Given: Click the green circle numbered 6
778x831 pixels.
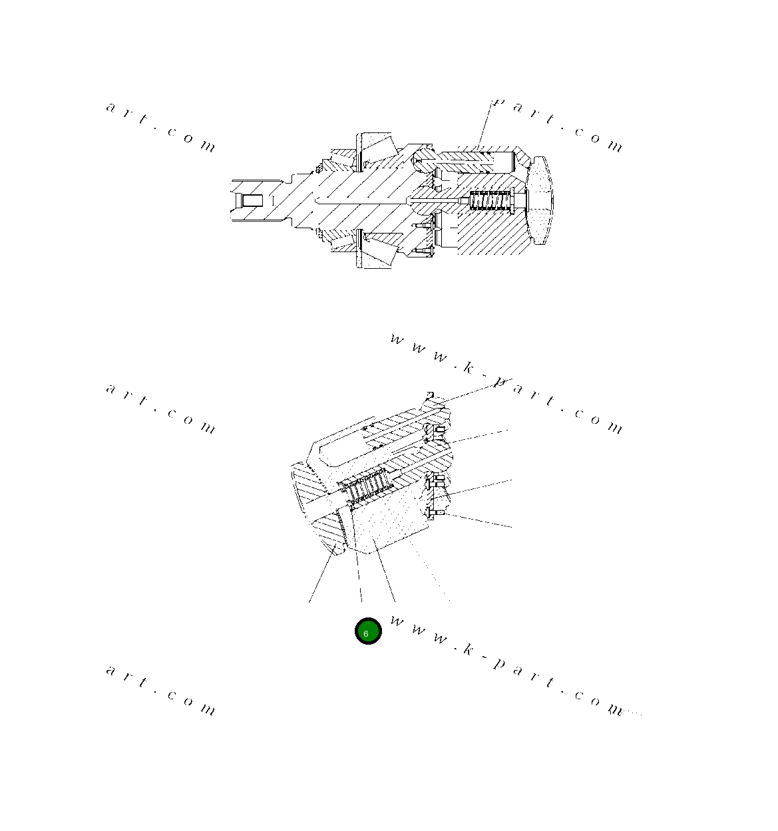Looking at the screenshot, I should [x=367, y=631].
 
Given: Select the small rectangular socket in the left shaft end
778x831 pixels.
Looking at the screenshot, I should [x=252, y=200].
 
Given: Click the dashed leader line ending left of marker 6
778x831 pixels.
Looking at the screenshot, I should [x=358, y=579].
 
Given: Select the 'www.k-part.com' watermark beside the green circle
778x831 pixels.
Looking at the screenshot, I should [x=506, y=665].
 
